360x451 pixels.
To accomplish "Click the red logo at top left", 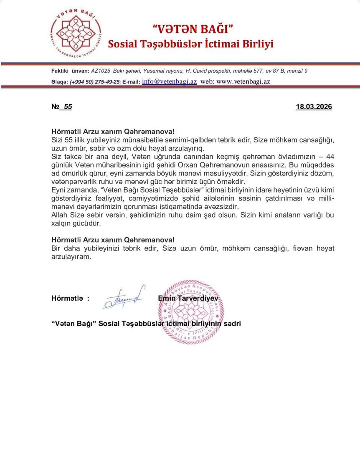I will pos(76,33).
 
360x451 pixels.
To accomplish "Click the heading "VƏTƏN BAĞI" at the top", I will pos(193,29).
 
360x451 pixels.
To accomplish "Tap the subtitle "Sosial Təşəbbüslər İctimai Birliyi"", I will pos(190,44).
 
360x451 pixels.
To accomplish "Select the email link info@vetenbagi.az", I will pos(169,81).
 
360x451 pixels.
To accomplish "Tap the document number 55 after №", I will pos(68,107).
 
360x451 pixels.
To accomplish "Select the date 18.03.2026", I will pos(314,107).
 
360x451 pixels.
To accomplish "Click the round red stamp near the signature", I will pos(190,312).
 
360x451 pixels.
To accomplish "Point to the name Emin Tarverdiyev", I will pos(188,298).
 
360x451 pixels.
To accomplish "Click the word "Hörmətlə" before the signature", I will pos(67,298).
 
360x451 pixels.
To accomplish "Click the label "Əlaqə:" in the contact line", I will pos(59,82).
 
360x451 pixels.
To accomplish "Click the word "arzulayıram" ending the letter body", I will pos(71,256).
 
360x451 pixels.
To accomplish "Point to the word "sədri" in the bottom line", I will pos(232,324).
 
